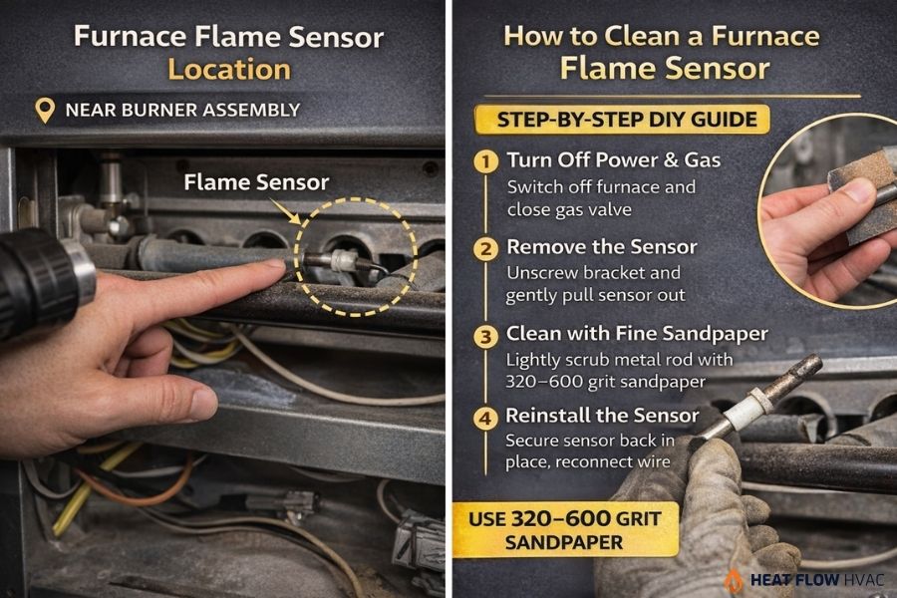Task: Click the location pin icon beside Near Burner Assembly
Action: click(x=44, y=110)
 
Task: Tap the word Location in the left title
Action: click(x=228, y=69)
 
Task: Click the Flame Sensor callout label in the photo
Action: click(x=256, y=181)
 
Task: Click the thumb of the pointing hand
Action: click(x=184, y=401)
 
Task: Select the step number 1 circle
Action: click(x=485, y=161)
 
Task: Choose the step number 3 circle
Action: click(x=485, y=335)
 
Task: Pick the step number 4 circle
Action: click(x=485, y=418)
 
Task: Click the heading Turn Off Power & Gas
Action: click(x=613, y=160)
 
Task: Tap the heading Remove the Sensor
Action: click(x=601, y=246)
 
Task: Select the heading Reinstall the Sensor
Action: click(x=602, y=416)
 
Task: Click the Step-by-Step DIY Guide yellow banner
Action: click(x=629, y=120)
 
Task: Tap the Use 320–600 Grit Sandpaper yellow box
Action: click(x=569, y=529)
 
